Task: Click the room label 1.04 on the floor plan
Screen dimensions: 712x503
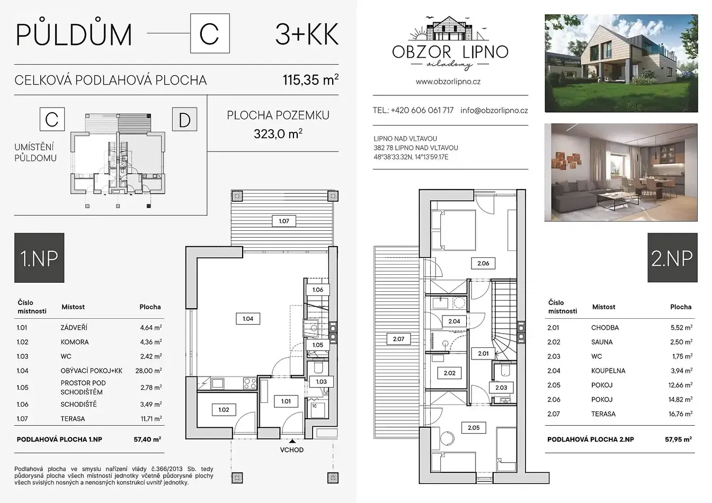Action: coord(248,319)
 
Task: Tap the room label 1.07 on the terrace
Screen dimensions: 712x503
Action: coord(284,221)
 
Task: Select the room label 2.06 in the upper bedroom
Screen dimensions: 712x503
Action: coord(483,263)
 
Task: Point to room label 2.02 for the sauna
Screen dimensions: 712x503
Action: coord(449,373)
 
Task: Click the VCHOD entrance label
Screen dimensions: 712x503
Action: coord(292,450)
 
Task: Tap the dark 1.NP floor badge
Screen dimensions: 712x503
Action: coord(39,258)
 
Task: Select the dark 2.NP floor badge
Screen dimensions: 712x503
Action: coord(672,258)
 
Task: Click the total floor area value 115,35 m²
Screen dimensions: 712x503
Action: coord(310,79)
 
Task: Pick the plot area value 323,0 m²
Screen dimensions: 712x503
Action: coord(278,134)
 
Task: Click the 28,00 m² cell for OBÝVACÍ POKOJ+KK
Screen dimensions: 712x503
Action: coord(148,371)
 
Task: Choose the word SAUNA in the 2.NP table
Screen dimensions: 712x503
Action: coord(602,342)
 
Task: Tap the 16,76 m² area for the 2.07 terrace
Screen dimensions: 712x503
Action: coord(681,414)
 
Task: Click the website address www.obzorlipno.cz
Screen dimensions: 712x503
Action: coord(448,82)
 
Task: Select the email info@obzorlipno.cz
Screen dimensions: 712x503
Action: coord(494,110)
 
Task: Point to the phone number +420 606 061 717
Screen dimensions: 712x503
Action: coord(422,110)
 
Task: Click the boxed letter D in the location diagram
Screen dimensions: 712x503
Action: coord(184,120)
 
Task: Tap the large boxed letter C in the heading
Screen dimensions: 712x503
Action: coord(210,33)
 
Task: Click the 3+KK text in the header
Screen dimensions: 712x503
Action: coord(307,34)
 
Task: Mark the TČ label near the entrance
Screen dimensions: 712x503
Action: coord(314,406)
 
